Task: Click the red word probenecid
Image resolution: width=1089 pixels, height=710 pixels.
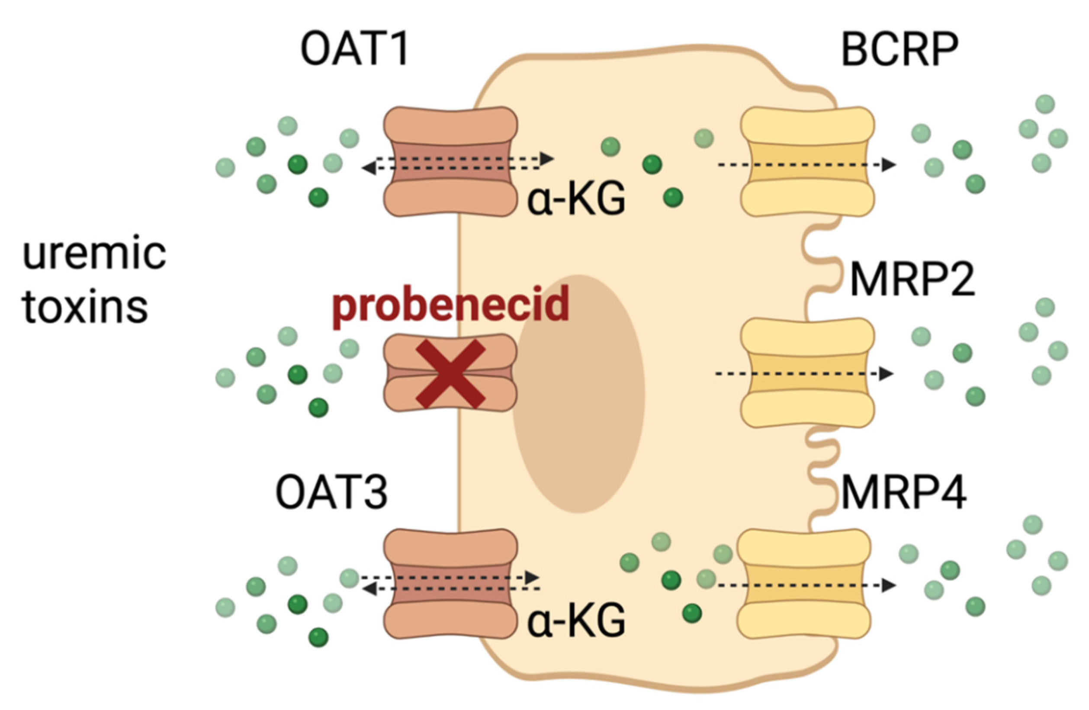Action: tap(451, 305)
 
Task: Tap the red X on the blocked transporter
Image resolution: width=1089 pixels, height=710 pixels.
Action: tap(450, 373)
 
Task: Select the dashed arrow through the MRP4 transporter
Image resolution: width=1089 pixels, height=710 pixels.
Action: tap(805, 585)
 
